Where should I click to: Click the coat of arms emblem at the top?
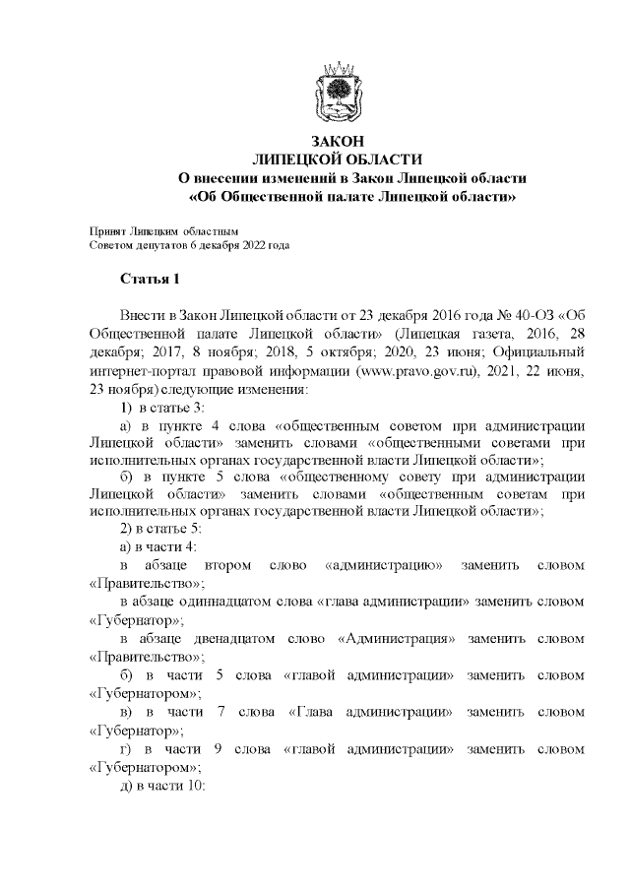[338, 91]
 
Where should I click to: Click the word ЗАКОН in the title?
[338, 142]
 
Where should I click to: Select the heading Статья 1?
[150, 280]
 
